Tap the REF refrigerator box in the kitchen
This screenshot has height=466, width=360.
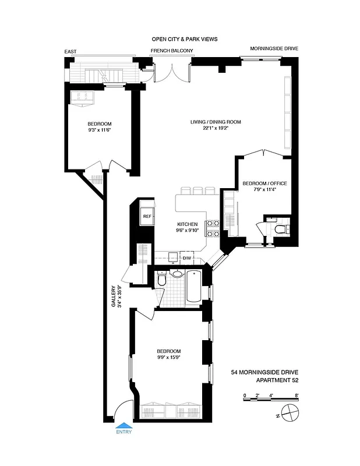tap(147, 217)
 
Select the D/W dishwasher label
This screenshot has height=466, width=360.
tap(187, 258)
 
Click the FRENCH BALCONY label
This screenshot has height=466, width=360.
tap(171, 51)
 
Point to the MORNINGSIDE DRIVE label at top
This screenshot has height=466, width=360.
tap(274, 49)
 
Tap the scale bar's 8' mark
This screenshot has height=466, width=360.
tap(297, 396)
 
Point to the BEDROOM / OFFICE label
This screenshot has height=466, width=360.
tap(264, 183)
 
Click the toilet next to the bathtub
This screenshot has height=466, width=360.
tap(164, 281)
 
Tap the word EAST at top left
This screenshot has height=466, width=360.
tap(70, 52)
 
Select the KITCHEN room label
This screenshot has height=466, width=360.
tap(187, 224)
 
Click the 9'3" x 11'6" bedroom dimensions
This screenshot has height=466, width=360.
tap(100, 130)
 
